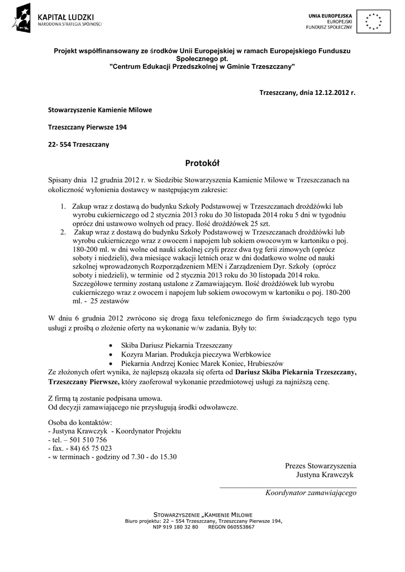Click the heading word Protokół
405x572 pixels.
202,163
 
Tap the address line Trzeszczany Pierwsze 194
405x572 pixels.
87,127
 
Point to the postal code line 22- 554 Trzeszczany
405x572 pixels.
78,145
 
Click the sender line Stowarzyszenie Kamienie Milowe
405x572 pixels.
99,109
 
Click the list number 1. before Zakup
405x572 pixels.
64,207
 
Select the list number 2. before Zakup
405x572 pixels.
64,231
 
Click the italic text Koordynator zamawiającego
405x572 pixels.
311,493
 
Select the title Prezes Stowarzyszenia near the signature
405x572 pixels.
320,466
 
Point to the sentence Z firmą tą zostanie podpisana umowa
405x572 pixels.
106,398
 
